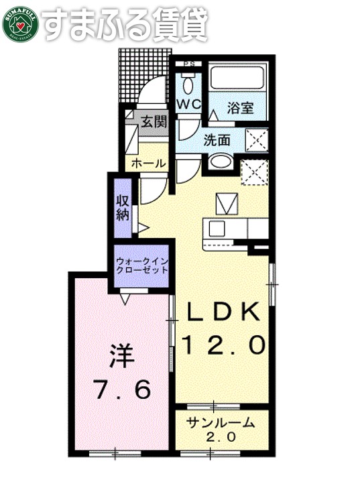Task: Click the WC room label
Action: coord(190,105)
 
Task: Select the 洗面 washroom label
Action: coord(218,140)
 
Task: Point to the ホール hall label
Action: coord(149,164)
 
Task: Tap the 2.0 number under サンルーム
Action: coord(221,436)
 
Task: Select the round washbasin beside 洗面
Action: coord(219,162)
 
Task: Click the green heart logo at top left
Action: coord(21,23)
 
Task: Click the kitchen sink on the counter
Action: coord(217,229)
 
